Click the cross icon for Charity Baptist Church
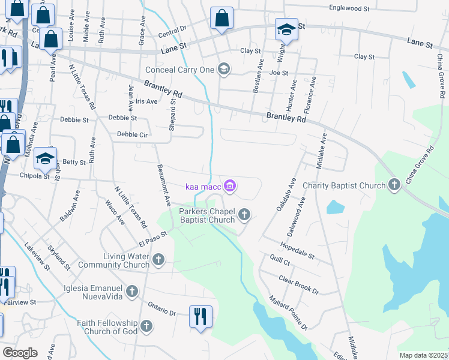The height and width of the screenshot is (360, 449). point(394,185)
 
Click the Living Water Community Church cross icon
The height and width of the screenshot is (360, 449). point(158,260)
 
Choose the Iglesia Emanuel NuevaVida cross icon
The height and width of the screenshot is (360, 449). point(132,292)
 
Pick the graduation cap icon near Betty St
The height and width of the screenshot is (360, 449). point(44,158)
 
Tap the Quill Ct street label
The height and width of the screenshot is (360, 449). point(280,262)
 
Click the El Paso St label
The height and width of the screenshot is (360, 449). point(151,238)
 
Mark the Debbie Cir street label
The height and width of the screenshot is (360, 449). point(132,134)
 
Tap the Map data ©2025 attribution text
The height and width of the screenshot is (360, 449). point(423,355)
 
